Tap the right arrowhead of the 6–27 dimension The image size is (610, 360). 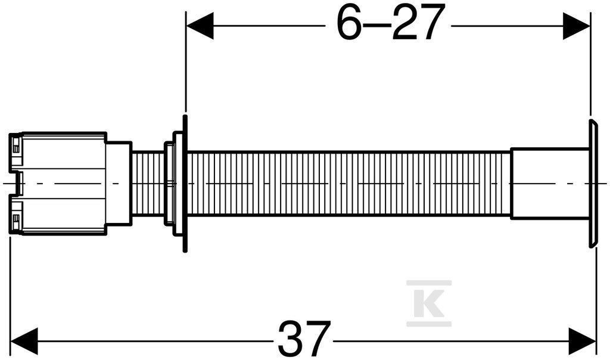click(577, 26)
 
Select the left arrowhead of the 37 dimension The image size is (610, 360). click(24, 342)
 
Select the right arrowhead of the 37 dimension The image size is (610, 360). click(582, 342)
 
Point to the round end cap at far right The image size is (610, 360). click(593, 184)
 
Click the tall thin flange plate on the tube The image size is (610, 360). click(185, 184)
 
